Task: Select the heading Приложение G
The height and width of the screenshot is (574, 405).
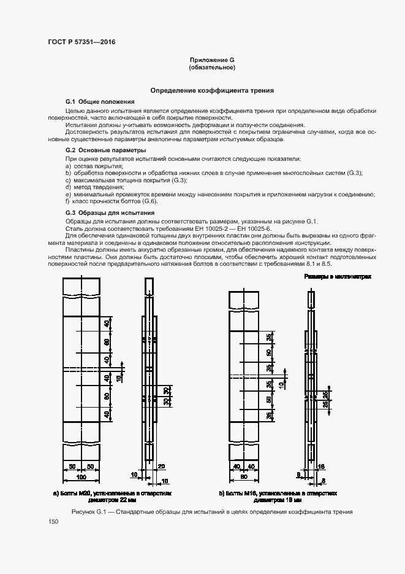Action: pos(212,60)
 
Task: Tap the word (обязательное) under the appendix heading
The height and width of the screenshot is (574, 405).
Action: pos(212,67)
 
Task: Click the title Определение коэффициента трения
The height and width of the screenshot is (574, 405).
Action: pos(212,90)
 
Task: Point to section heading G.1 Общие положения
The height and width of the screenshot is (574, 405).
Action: pos(100,101)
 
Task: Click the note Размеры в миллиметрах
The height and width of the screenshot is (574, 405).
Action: pos(338,277)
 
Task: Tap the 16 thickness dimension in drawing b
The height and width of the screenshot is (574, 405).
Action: pos(322,467)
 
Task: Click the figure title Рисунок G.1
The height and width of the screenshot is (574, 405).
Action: pos(211,511)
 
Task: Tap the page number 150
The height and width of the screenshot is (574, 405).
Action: pos(53,521)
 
